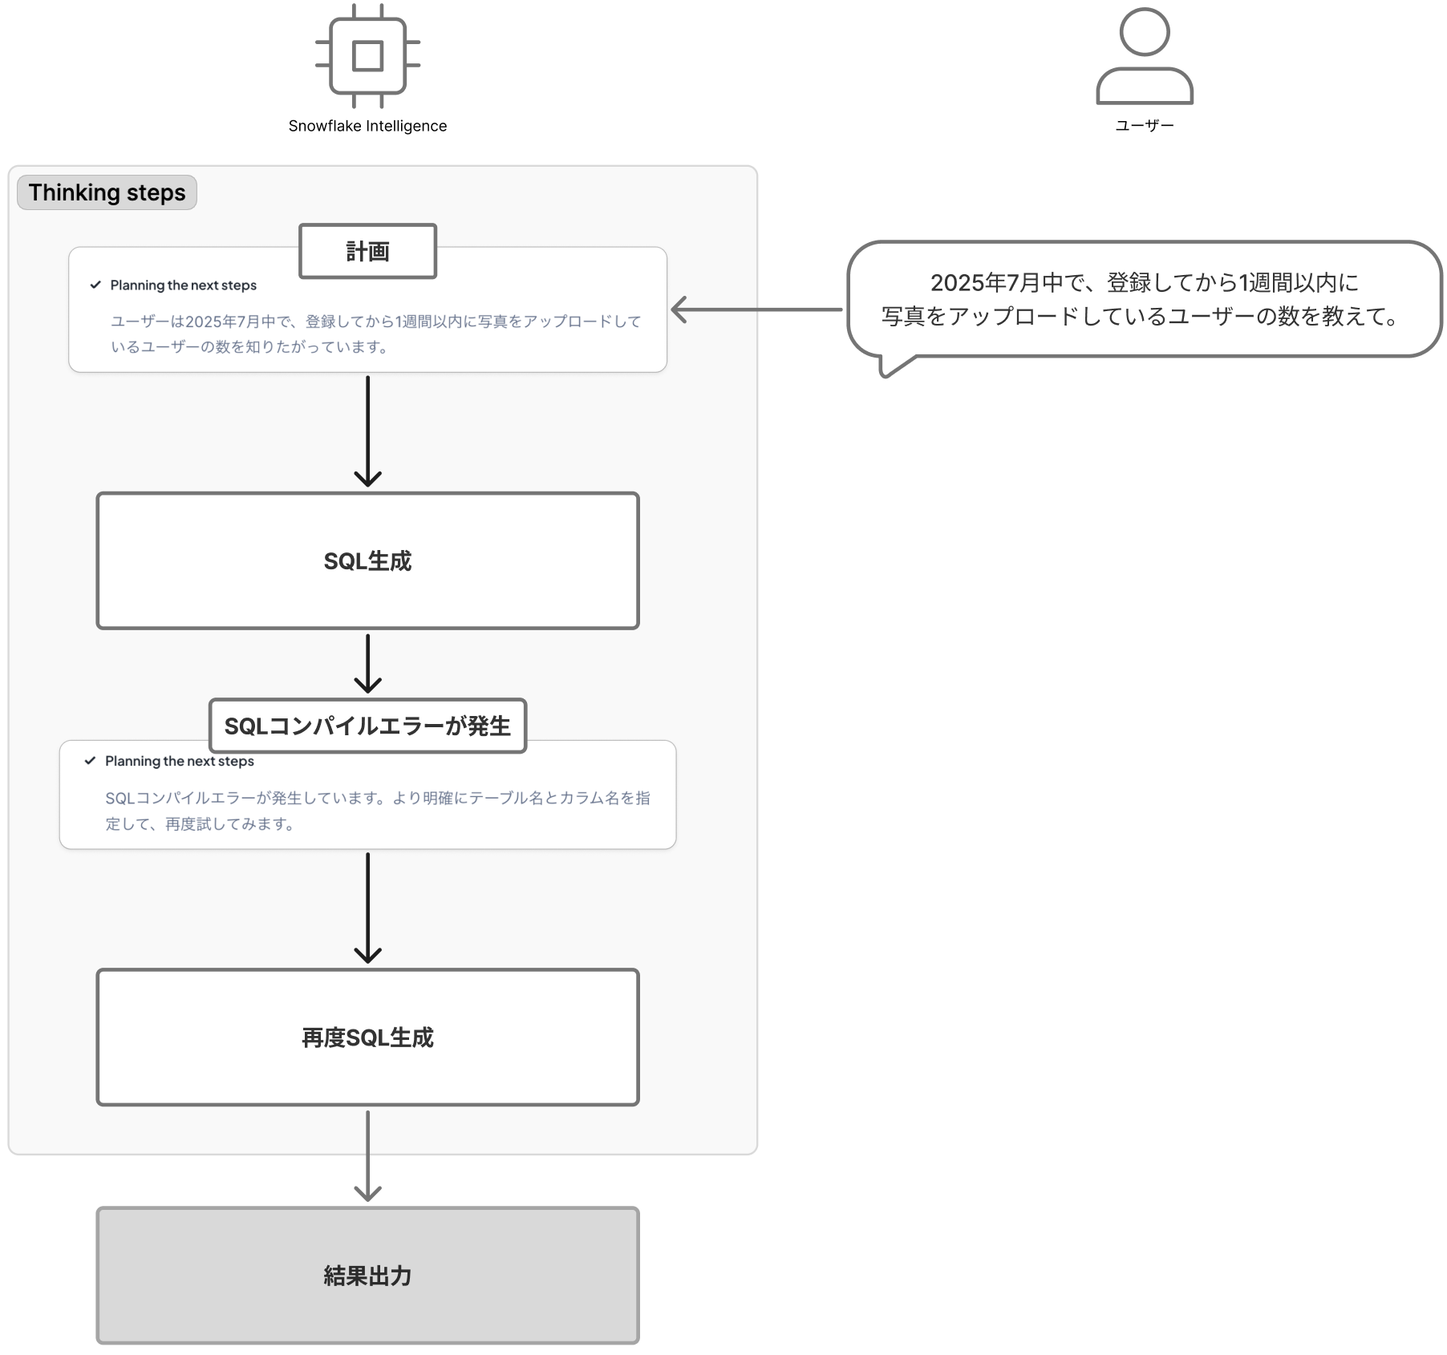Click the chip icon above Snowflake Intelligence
[367, 56]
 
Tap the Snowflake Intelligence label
[367, 126]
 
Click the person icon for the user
[1145, 56]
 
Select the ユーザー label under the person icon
[1145, 126]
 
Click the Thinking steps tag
[107, 192]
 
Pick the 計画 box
[367, 252]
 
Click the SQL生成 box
[367, 560]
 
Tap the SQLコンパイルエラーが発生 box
[367, 726]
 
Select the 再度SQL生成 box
[367, 1037]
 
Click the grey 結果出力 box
[367, 1275]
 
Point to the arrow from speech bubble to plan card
[757, 309]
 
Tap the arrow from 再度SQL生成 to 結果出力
[367, 1155]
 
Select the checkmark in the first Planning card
[95, 285]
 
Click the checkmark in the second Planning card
[90, 761]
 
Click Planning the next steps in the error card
[180, 761]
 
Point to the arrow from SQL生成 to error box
[367, 663]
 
